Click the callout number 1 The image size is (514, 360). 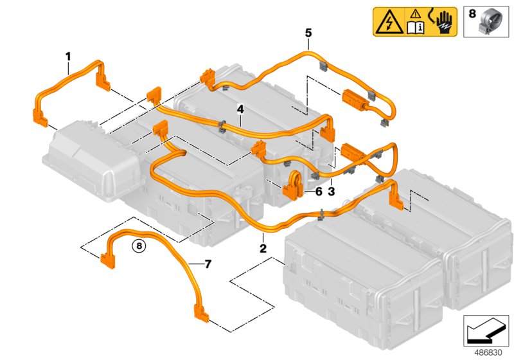point(67,58)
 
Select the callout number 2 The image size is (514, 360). point(263,247)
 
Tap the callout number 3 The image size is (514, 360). point(332,191)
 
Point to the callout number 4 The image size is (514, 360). point(240,109)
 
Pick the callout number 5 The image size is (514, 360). point(308,32)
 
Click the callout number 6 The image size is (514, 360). point(318,191)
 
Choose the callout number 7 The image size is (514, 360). point(208,264)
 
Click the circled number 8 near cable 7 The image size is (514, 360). point(139,244)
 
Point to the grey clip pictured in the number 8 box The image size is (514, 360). point(490,24)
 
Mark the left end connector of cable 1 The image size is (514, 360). point(40,116)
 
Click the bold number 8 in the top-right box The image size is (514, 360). point(472,12)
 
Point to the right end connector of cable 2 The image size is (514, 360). point(396,200)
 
